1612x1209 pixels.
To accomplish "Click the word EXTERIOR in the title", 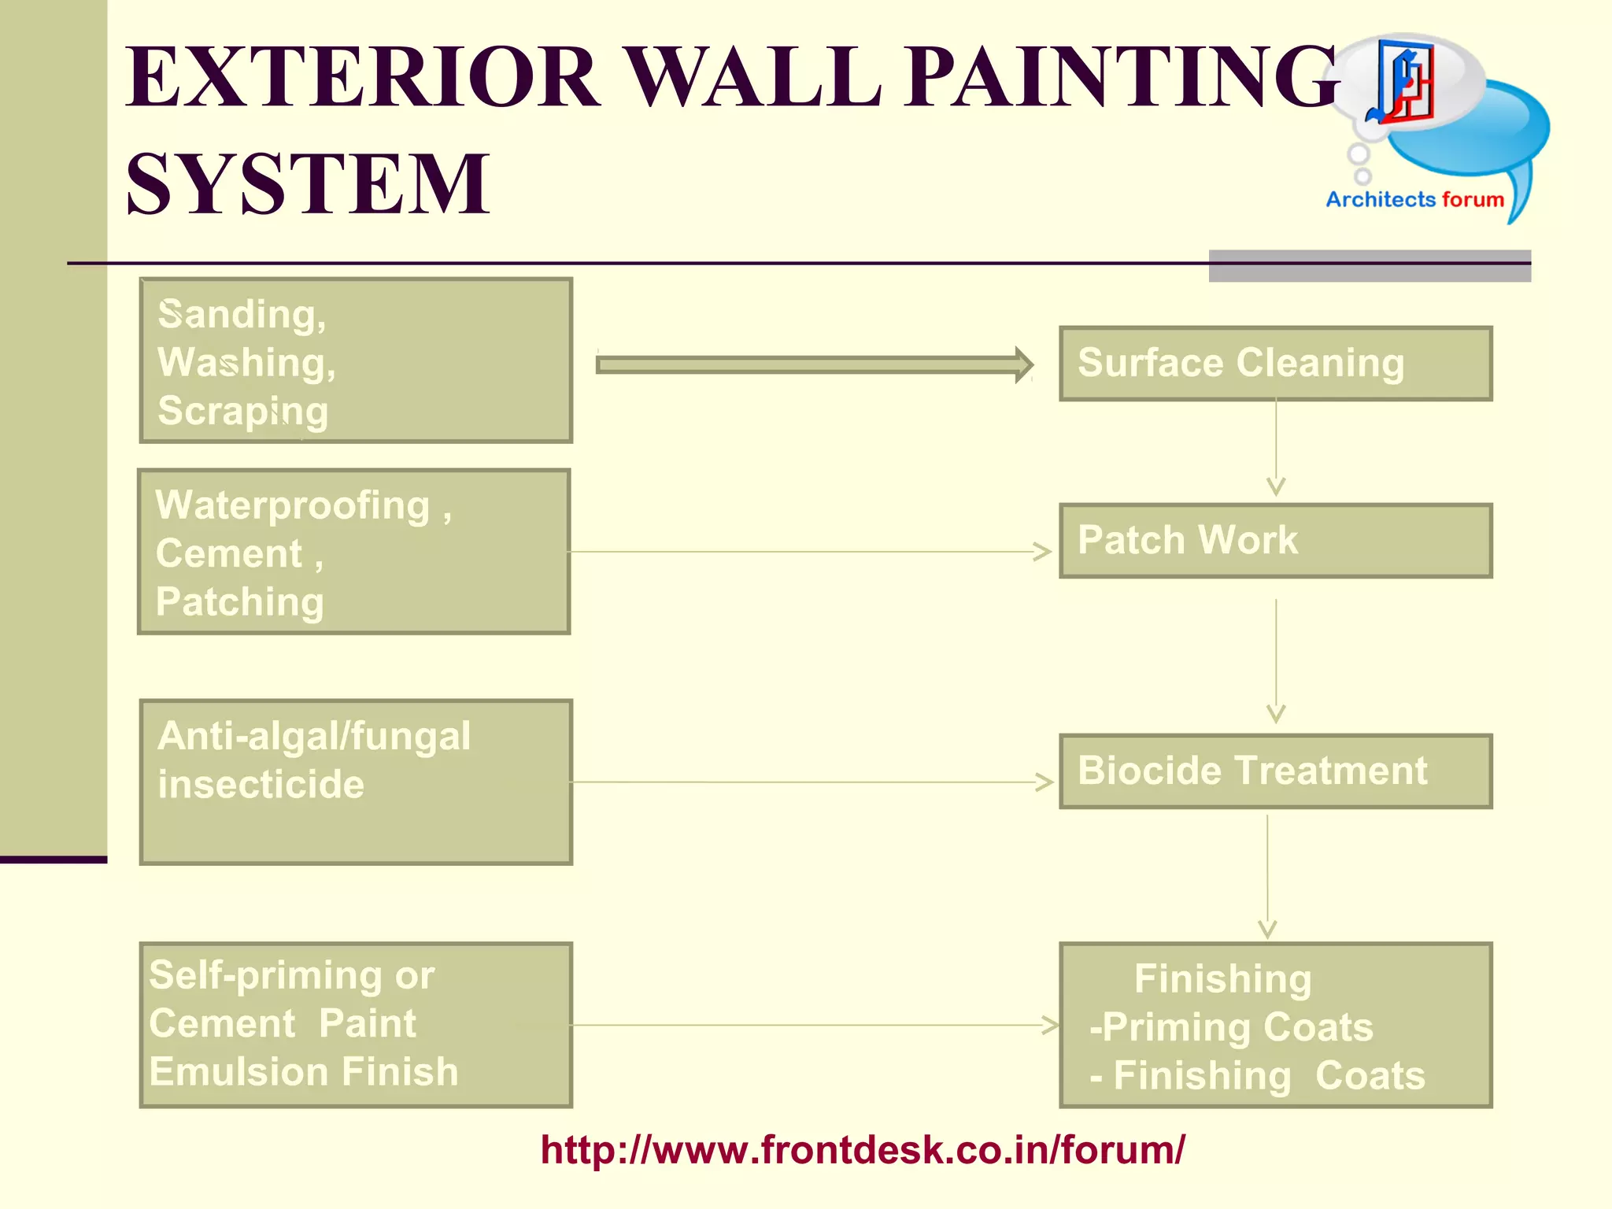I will [362, 77].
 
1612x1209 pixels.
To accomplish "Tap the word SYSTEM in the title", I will [308, 184].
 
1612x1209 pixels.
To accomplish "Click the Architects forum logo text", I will [1414, 200].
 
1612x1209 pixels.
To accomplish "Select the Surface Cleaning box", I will [1275, 364].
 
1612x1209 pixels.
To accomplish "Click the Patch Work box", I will [1275, 541].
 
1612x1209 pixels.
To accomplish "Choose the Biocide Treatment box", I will [1275, 771].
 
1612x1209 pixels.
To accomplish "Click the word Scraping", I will [242, 412].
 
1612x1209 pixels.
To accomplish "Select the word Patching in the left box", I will [239, 602].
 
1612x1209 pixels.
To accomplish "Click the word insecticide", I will [261, 785].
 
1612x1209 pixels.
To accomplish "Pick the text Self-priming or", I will [291, 976].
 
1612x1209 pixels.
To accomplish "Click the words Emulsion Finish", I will [304, 1072].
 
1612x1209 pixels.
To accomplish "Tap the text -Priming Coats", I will [1231, 1027].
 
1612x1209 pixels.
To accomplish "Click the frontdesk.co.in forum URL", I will [862, 1150].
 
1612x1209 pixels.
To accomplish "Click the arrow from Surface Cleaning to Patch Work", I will [1276, 449].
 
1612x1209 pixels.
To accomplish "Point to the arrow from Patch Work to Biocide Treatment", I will [1276, 661].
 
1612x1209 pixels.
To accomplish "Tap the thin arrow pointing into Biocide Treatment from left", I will [811, 782].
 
